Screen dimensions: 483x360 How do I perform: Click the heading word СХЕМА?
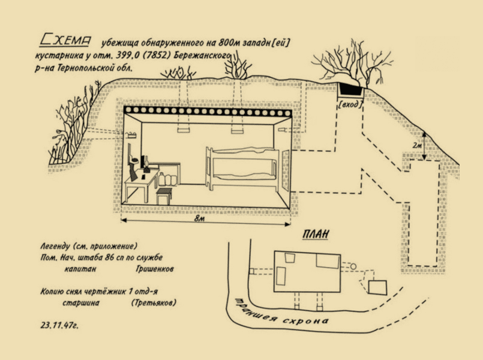coord(65,40)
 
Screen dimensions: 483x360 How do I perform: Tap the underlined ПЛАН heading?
coord(316,235)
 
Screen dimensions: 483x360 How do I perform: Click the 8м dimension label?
coord(199,218)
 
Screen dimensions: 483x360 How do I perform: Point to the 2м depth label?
coord(417,145)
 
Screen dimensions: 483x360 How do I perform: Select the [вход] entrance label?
coord(350,105)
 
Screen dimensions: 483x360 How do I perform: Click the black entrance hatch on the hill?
coord(351,89)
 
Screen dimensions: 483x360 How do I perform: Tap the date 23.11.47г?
coord(59,326)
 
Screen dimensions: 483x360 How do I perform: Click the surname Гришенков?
coord(155,269)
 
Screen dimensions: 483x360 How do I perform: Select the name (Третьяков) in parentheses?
coord(154,302)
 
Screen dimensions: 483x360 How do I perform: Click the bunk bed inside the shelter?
coord(244,168)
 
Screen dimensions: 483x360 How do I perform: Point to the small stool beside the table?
coord(163,196)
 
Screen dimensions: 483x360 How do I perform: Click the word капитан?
coord(80,269)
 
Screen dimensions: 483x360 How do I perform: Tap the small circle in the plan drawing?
coord(353,266)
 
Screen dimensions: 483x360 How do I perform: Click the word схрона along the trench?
coord(305,320)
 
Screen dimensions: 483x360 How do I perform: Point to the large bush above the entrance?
coord(351,63)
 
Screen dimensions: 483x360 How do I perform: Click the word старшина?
coord(81,303)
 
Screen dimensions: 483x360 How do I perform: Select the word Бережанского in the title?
coord(202,56)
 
